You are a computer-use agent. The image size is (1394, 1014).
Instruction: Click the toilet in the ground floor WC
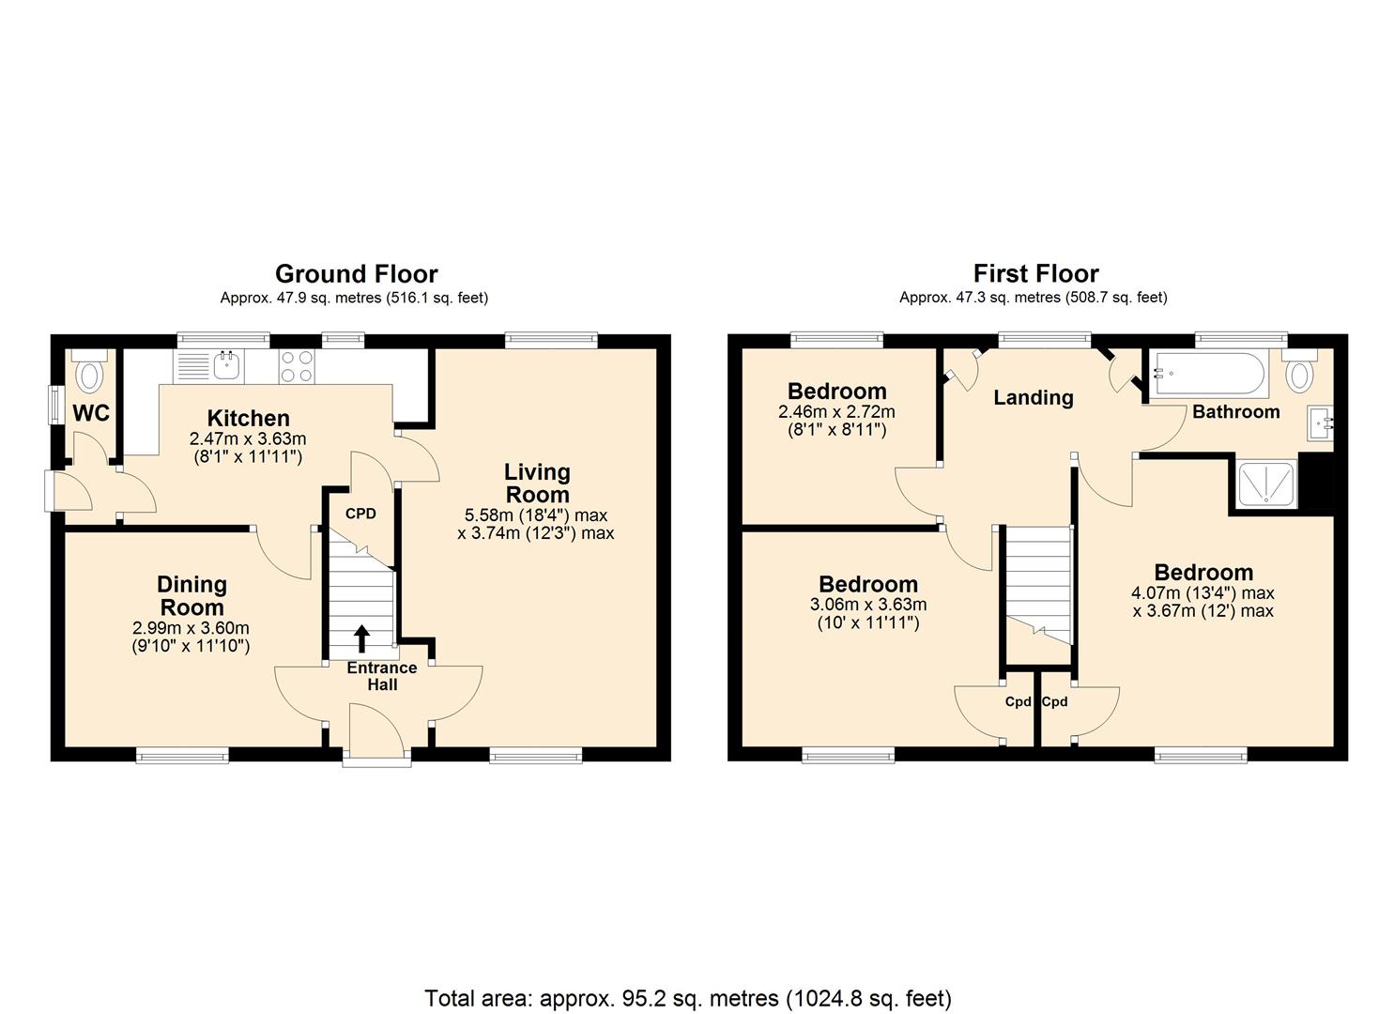click(x=90, y=374)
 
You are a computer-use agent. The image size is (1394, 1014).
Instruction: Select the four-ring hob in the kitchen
click(x=297, y=365)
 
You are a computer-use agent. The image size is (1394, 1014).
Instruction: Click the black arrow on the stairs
click(x=361, y=638)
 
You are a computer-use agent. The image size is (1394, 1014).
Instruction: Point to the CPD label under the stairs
click(x=360, y=514)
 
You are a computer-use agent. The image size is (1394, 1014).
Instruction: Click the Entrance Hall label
click(x=381, y=676)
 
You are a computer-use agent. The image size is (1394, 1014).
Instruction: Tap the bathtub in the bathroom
click(x=1208, y=372)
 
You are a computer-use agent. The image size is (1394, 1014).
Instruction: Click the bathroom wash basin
click(x=1321, y=423)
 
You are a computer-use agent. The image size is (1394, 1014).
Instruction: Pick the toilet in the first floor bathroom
click(x=1300, y=373)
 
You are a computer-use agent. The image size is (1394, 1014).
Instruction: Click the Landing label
click(x=1033, y=397)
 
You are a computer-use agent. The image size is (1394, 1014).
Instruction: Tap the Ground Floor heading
click(x=356, y=274)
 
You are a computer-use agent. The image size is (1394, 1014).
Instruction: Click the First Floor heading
click(x=1035, y=274)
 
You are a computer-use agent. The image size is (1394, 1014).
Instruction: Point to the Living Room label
click(x=537, y=483)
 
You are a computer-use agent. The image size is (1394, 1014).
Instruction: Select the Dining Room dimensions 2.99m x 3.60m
click(x=191, y=628)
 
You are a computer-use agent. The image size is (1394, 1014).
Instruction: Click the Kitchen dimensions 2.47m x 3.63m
click(x=248, y=439)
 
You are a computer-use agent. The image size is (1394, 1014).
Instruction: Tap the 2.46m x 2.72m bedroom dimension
click(x=836, y=412)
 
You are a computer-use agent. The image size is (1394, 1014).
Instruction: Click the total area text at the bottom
click(x=688, y=997)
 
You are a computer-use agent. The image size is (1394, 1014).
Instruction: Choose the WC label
click(x=91, y=413)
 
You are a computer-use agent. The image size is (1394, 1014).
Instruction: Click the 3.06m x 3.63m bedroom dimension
click(x=868, y=605)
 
